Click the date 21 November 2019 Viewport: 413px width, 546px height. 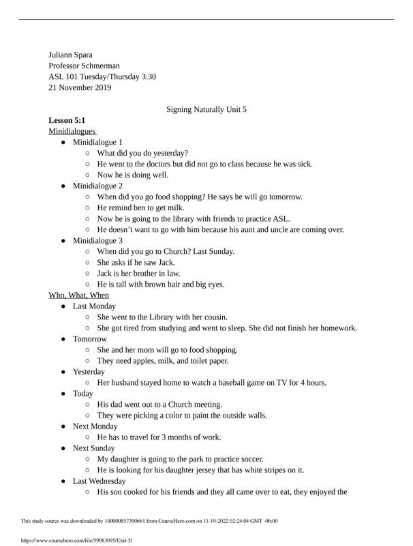point(80,87)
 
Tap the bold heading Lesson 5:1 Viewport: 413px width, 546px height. point(66,120)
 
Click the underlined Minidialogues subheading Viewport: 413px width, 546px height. point(72,131)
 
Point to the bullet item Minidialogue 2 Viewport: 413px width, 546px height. point(97,186)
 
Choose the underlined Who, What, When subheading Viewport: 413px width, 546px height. point(78,295)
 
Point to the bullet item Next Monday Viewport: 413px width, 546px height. point(95,426)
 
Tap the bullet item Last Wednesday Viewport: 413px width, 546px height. point(99,480)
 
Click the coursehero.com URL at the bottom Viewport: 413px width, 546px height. point(77,540)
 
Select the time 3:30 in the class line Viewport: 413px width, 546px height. point(149,76)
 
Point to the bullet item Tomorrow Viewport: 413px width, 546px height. point(90,339)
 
